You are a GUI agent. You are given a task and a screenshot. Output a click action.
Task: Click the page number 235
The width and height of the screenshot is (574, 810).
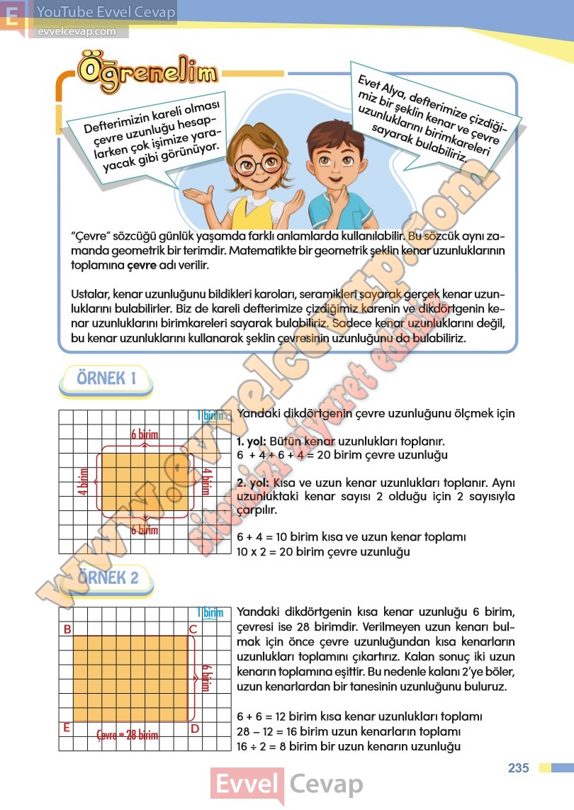[519, 768]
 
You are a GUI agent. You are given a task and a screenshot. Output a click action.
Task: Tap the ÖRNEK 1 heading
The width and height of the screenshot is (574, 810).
[106, 378]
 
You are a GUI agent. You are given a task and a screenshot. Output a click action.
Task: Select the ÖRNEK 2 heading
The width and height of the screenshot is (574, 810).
[108, 578]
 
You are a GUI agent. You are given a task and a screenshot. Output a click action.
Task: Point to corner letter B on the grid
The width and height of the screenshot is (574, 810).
[67, 629]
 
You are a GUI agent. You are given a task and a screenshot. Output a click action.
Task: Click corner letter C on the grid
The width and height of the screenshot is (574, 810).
[192, 629]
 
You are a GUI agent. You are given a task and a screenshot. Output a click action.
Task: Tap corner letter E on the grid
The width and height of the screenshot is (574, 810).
[67, 728]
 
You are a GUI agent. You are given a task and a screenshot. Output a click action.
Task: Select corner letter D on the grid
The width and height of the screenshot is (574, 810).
[193, 728]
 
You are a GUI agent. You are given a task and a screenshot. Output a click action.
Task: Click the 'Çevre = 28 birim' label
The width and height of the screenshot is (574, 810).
[128, 735]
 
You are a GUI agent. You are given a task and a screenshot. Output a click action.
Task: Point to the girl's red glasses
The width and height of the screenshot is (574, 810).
[258, 164]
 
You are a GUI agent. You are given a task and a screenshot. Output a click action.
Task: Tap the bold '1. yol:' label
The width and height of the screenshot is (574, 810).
[252, 441]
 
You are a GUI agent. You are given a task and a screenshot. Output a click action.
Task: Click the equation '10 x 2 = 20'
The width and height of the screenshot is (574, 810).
[270, 551]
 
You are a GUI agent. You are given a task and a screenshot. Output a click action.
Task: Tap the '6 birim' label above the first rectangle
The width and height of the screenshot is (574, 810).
[145, 434]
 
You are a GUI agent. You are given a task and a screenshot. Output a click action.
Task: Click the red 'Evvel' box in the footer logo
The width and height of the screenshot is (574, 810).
[247, 785]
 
